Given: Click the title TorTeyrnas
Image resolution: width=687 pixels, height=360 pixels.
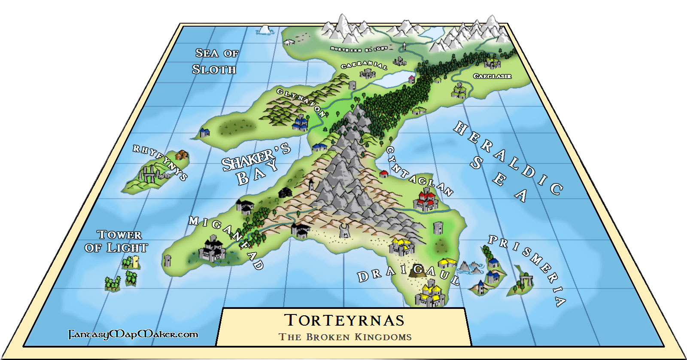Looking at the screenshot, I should [344, 320].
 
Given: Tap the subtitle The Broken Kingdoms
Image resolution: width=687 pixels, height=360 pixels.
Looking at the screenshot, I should [345, 337].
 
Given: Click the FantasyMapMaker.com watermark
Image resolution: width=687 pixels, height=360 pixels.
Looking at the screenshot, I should [134, 334].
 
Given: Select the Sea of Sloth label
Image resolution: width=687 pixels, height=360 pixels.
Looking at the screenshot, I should [216, 61].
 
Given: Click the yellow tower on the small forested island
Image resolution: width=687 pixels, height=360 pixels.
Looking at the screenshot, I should [136, 262].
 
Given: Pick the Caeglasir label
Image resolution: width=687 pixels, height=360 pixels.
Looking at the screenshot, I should [492, 76].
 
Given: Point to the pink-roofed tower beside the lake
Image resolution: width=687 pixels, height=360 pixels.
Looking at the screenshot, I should [411, 79].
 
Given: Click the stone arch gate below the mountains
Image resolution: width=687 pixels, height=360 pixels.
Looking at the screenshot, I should [344, 231].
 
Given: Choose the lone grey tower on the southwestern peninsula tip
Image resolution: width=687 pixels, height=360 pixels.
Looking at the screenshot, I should [168, 261].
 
